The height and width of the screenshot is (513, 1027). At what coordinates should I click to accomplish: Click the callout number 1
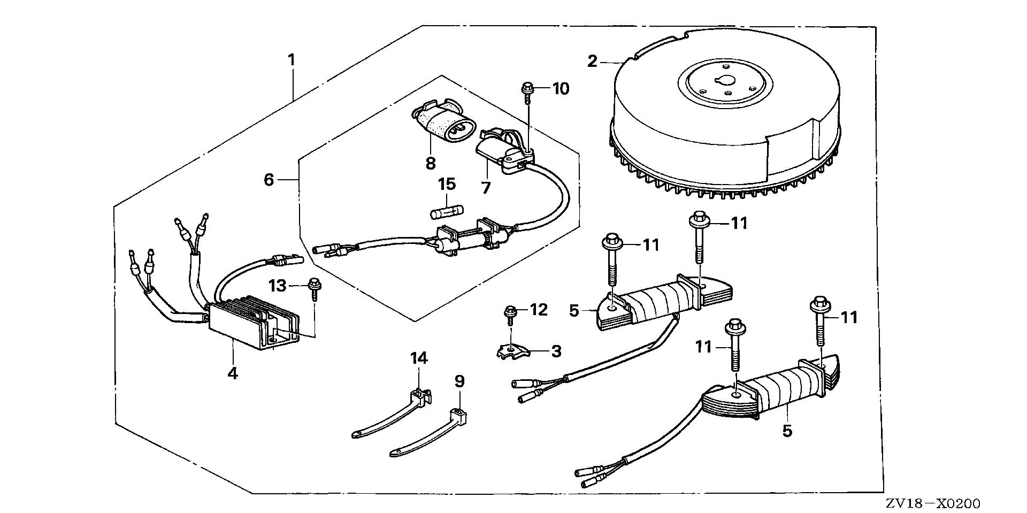click(x=292, y=60)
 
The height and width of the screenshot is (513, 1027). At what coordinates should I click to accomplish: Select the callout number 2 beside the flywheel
click(x=592, y=62)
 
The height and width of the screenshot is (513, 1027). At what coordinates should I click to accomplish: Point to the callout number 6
click(x=269, y=180)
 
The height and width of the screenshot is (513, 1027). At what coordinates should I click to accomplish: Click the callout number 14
click(x=419, y=358)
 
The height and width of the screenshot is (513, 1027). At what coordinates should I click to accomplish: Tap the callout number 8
click(x=431, y=163)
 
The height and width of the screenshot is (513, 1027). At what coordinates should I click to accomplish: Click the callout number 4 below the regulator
click(x=232, y=373)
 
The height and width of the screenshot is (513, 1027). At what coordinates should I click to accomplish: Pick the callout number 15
click(x=447, y=185)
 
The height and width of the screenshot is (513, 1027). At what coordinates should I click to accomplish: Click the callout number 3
click(x=556, y=351)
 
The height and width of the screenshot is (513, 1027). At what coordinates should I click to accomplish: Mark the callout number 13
click(x=278, y=286)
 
